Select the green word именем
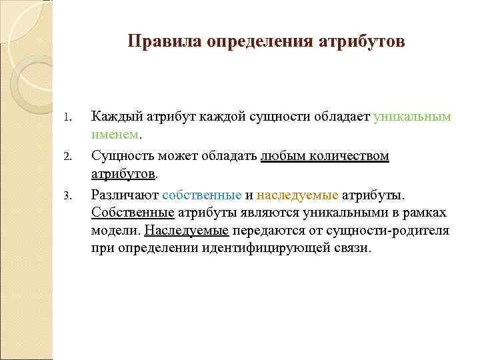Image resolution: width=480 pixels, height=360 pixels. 115,135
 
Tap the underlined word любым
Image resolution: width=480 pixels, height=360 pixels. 280,156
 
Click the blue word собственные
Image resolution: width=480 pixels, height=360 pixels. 201,195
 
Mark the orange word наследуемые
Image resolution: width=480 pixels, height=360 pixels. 297,195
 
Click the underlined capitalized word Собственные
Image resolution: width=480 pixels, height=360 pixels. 133,213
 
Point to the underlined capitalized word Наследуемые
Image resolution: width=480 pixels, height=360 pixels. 187,231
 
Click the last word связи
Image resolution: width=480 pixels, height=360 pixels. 353,249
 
